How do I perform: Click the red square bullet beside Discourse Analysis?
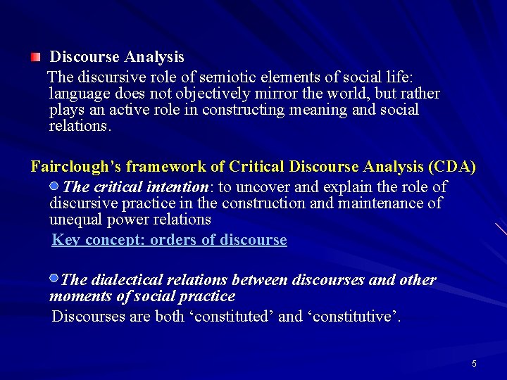pyautogui.click(x=35, y=56)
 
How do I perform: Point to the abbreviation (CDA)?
pyautogui.click(x=451, y=167)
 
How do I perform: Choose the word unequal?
pyautogui.click(x=75, y=220)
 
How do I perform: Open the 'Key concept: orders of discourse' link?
pyautogui.click(x=170, y=240)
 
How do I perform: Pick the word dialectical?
pyautogui.click(x=131, y=280)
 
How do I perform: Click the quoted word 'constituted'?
pyautogui.click(x=230, y=317)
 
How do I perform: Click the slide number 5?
pyautogui.click(x=474, y=364)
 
